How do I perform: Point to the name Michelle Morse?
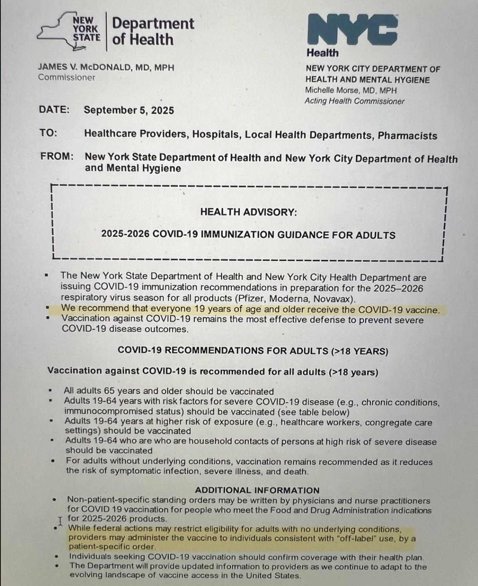click(331, 90)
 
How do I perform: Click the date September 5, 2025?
click(129, 110)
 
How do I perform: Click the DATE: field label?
click(54, 110)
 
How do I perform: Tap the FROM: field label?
click(57, 156)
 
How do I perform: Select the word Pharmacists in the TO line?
click(407, 136)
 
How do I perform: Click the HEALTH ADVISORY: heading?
click(248, 212)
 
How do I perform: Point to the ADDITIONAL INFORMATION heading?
click(257, 490)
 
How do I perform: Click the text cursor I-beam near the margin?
click(60, 520)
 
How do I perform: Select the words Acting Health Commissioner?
click(354, 101)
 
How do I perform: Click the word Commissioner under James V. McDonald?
click(67, 78)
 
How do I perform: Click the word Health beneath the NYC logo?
click(322, 53)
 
